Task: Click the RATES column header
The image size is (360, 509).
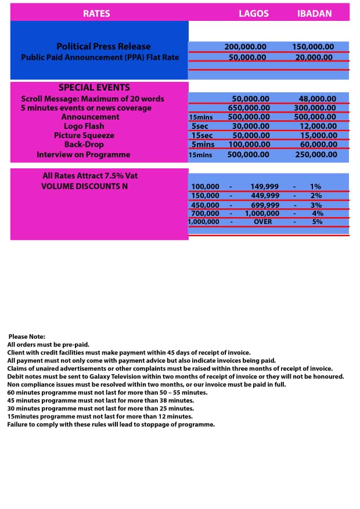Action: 96,13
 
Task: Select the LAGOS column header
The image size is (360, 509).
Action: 254,13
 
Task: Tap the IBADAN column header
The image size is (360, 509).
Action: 314,13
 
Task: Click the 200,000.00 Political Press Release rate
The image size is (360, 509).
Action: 245,46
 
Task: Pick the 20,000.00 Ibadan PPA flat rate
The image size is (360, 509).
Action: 314,57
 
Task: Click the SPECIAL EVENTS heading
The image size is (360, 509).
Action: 94,88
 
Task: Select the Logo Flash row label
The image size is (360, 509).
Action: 84,126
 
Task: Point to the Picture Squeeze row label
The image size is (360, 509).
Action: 84,135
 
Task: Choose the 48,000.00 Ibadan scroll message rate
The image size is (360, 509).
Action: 317,99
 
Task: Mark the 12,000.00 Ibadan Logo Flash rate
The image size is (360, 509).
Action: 318,126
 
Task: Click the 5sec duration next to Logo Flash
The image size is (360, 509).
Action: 200,126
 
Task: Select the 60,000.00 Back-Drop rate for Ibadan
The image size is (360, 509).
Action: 318,145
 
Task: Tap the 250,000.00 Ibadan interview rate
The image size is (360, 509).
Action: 316,154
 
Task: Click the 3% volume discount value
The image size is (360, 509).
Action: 316,205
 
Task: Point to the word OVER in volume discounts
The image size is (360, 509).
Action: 262,221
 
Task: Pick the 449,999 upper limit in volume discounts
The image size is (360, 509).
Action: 265,196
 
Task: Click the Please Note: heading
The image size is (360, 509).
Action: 27,337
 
